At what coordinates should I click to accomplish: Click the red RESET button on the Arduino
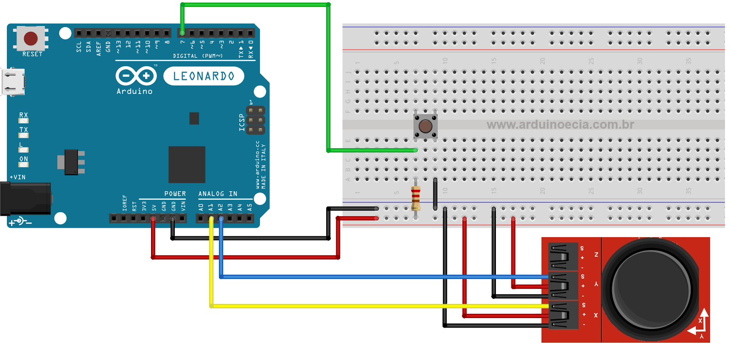[x=31, y=39]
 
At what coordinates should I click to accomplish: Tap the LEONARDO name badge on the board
[x=203, y=76]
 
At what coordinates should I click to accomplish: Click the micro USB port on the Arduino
[x=14, y=82]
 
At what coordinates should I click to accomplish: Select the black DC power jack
[x=25, y=198]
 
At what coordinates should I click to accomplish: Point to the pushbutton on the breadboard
[x=425, y=126]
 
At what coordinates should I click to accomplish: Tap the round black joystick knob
[x=651, y=289]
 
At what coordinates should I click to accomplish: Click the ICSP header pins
[x=255, y=120]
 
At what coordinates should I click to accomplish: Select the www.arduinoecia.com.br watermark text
[x=560, y=125]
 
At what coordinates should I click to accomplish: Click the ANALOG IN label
[x=218, y=194]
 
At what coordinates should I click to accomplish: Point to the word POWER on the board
[x=175, y=194]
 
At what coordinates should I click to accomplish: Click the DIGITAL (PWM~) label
[x=198, y=56]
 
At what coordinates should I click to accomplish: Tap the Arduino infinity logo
[x=136, y=76]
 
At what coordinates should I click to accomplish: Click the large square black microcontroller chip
[x=187, y=164]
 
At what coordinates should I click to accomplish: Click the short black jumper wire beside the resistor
[x=435, y=194]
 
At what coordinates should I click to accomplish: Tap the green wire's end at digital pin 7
[x=182, y=33]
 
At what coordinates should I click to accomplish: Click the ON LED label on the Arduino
[x=23, y=159]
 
